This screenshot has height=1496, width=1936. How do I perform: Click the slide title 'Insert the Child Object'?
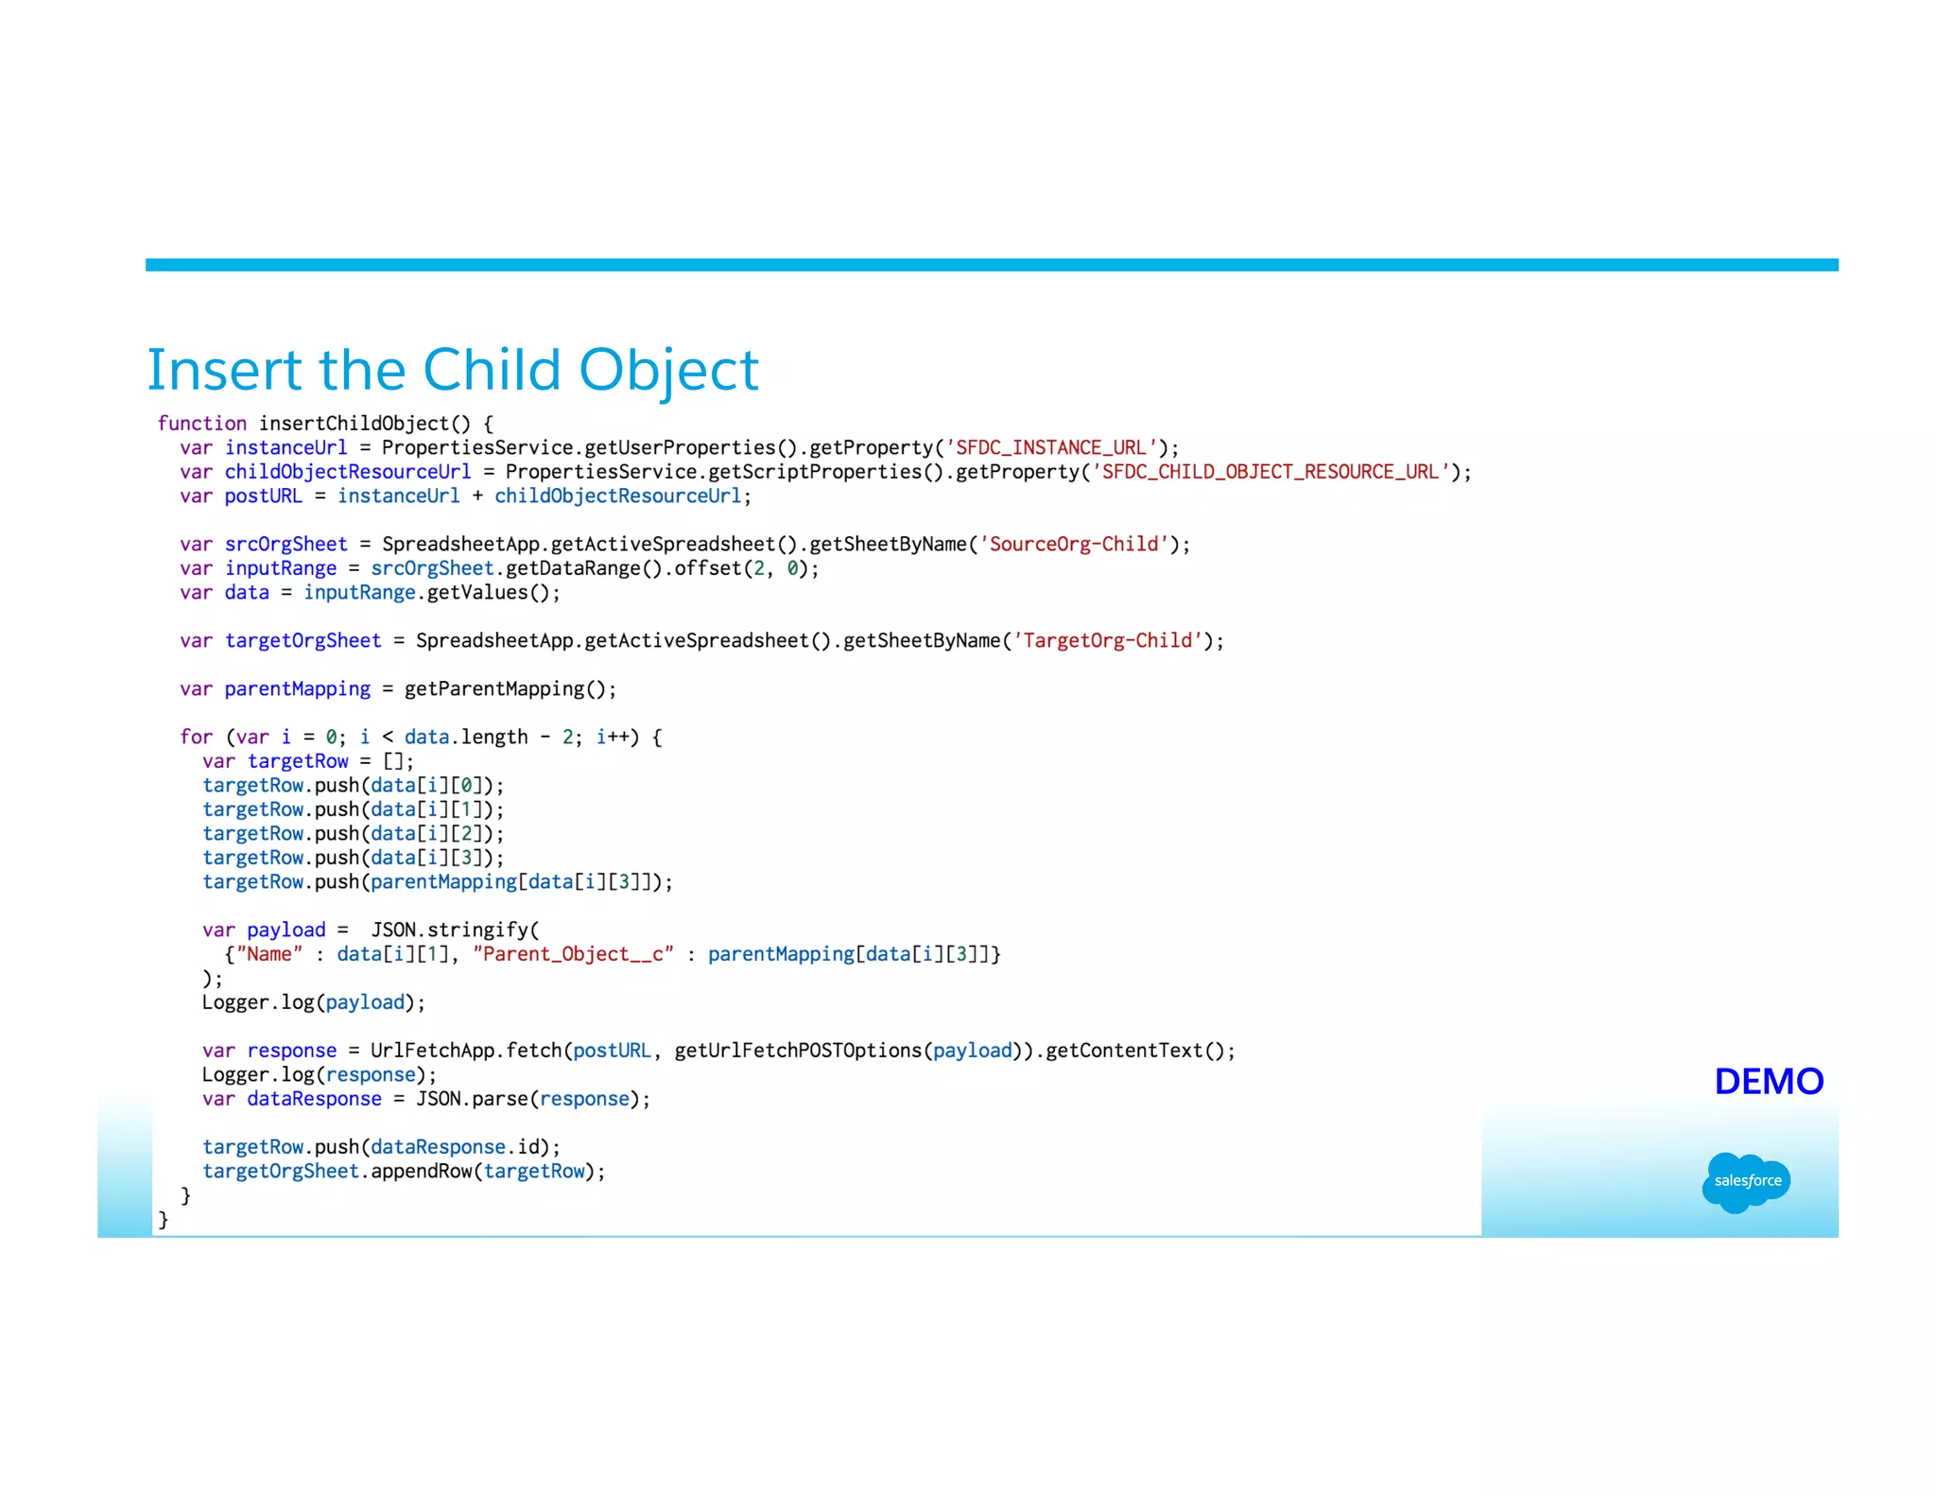452,370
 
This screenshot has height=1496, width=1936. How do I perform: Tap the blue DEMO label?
1768,1081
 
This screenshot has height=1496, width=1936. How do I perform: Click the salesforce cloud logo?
1746,1180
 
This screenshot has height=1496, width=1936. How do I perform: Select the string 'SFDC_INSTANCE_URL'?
1050,447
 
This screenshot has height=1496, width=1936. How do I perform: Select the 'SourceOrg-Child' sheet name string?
1073,545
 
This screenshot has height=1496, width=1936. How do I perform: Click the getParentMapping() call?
509,689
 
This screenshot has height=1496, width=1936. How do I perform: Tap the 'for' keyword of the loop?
196,738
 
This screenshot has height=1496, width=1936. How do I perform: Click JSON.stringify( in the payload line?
454,931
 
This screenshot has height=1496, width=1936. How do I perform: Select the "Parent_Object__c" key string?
573,954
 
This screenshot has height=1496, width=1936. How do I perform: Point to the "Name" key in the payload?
269,954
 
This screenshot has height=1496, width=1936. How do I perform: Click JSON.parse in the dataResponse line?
473,1099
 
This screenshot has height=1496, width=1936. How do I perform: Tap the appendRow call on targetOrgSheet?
421,1172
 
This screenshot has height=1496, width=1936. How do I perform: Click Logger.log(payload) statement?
312,1002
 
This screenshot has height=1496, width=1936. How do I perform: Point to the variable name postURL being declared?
263,496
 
